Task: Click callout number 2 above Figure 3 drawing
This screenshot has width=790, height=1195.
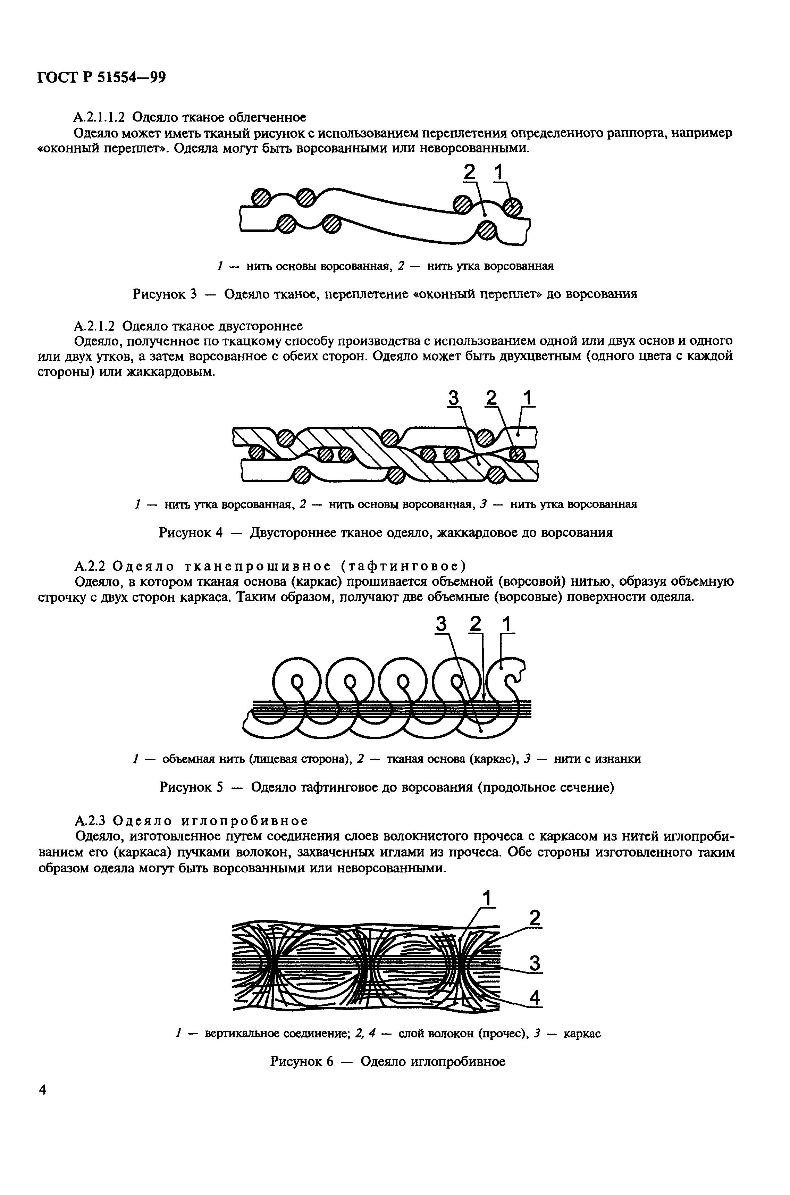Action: coord(469,173)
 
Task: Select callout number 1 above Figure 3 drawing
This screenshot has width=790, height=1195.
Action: coord(498,173)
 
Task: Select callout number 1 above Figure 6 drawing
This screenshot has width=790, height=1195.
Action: coord(487,898)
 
